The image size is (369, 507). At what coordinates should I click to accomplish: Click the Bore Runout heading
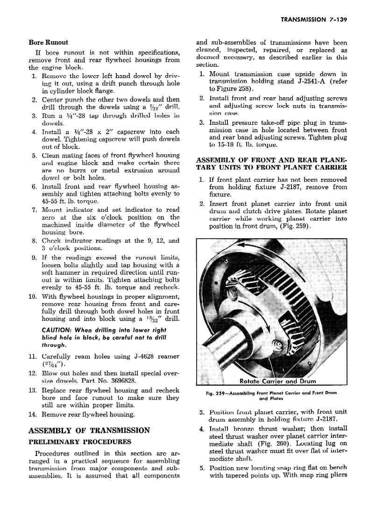point(49,42)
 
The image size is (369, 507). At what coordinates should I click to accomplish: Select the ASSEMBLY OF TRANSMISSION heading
point(89,430)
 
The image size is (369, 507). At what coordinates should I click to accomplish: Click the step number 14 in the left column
point(33,414)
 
